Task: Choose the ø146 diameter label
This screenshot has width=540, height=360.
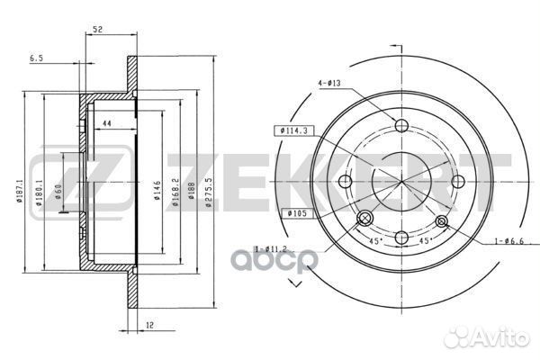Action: click(157, 191)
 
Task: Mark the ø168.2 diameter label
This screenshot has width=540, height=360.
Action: click(176, 191)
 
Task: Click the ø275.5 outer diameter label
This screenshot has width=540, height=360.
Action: click(209, 191)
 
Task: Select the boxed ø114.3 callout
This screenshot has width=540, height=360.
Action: click(294, 131)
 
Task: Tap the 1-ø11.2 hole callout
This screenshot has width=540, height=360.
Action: click(270, 249)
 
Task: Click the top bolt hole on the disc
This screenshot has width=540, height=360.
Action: click(402, 126)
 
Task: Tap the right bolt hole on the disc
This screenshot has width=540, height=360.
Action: click(457, 182)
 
